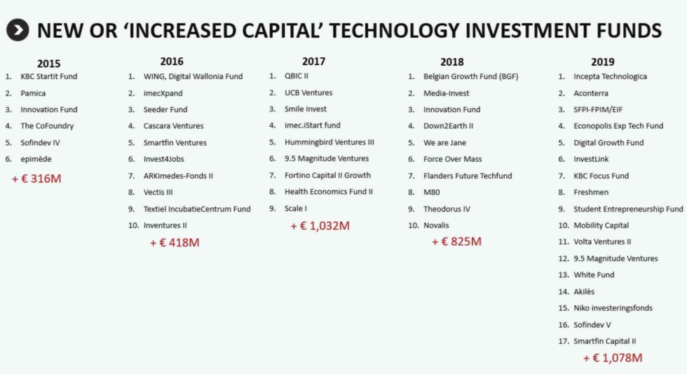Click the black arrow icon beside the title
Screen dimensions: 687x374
tap(18, 30)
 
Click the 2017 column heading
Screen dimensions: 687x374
tap(313, 62)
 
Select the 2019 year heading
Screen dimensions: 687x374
tap(602, 62)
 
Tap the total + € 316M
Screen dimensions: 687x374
tap(36, 179)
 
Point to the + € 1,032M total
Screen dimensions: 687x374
tap(320, 226)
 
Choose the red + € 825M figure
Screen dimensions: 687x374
tap(456, 242)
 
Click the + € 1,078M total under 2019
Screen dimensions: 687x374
tap(613, 358)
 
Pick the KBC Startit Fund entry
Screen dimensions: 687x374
tap(48, 76)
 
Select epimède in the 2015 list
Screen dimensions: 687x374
tap(36, 159)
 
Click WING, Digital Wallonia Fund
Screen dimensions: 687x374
tap(193, 76)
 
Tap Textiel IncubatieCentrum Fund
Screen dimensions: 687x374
tap(197, 209)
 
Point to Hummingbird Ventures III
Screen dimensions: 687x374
tap(329, 142)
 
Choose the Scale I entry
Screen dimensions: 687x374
tap(295, 209)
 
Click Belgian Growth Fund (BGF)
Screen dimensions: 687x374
tap(470, 76)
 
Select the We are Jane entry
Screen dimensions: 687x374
tap(444, 143)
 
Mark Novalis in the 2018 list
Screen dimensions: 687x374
tap(436, 225)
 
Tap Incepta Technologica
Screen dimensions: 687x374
tap(610, 76)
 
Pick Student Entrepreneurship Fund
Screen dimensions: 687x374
tap(628, 209)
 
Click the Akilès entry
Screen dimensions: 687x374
tap(584, 291)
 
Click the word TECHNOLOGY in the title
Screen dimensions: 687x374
tap(394, 31)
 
